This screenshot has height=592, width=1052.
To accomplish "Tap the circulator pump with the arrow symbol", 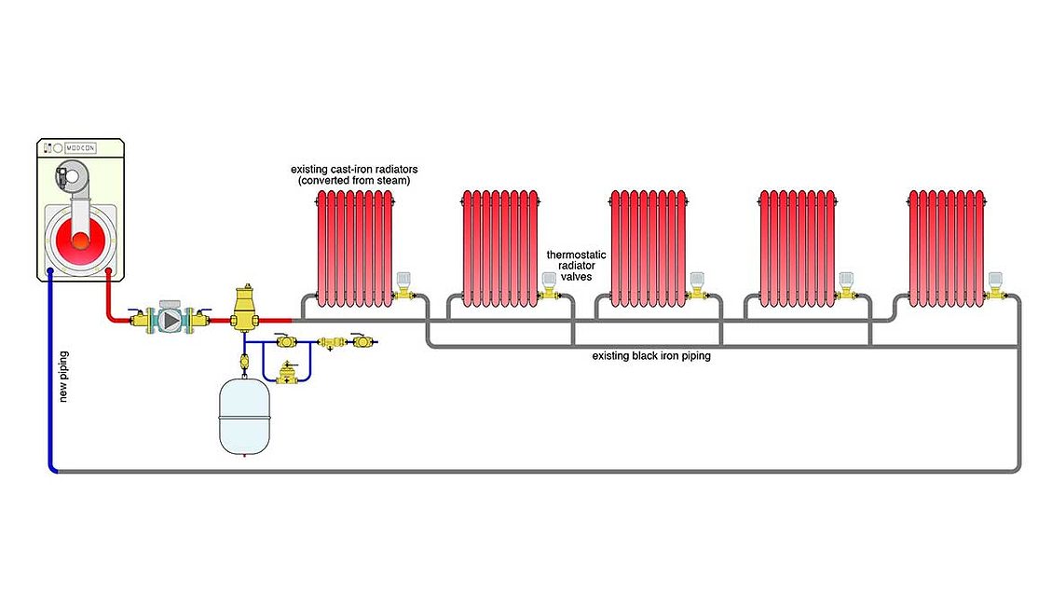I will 171,320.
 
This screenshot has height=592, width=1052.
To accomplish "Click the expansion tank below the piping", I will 243,414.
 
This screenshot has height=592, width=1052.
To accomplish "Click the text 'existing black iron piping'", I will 651,356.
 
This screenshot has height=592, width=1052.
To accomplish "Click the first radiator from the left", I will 355,247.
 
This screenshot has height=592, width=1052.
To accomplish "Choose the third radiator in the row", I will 650,247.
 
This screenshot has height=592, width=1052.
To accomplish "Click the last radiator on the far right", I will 948,247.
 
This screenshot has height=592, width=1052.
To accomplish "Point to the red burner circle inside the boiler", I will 81,238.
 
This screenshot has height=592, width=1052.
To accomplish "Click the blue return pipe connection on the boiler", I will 48,274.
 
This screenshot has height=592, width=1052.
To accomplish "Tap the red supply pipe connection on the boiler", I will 109,274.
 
